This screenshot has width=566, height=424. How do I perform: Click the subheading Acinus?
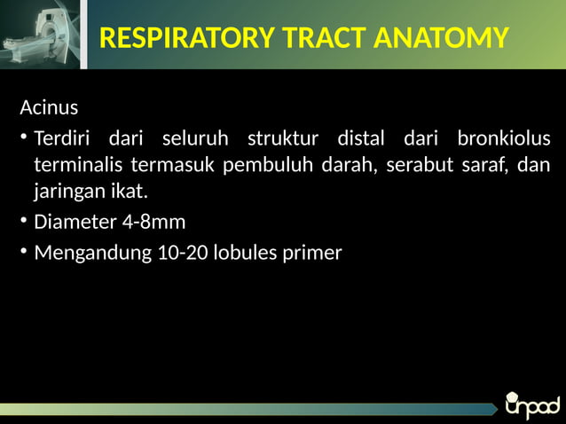tap(49, 108)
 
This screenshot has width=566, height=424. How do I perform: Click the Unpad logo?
tap(531, 405)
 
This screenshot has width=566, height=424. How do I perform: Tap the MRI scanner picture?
tap(40, 34)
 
